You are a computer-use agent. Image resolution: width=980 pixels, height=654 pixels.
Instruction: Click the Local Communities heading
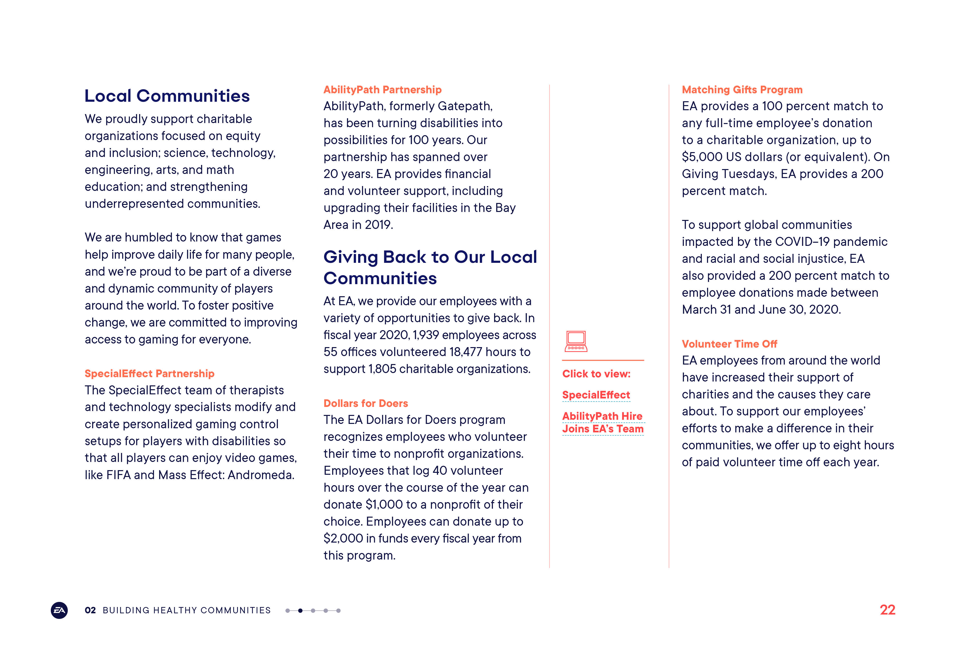coord(167,96)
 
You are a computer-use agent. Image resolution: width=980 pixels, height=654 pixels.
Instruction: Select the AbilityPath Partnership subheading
coord(382,90)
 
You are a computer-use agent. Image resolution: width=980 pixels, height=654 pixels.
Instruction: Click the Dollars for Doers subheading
coord(365,403)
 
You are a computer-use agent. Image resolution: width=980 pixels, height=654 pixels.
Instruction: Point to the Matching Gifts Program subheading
coord(742,90)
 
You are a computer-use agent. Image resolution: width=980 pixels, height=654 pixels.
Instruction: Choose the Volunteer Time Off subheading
coord(729,344)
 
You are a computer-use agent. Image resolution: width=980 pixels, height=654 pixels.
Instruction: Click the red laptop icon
coord(576,342)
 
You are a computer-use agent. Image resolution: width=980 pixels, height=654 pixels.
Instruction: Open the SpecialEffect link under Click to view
coord(596,395)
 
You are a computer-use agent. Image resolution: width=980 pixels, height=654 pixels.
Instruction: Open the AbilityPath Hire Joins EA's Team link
coord(603,422)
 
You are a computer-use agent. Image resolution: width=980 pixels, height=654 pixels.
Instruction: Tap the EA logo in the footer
coord(59,610)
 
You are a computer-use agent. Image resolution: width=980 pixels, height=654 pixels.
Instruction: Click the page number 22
coord(887,610)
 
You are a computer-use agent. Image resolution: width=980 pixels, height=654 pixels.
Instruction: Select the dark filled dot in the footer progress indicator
coord(300,611)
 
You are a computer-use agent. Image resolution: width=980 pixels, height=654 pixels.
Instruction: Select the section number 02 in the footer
coord(90,610)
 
